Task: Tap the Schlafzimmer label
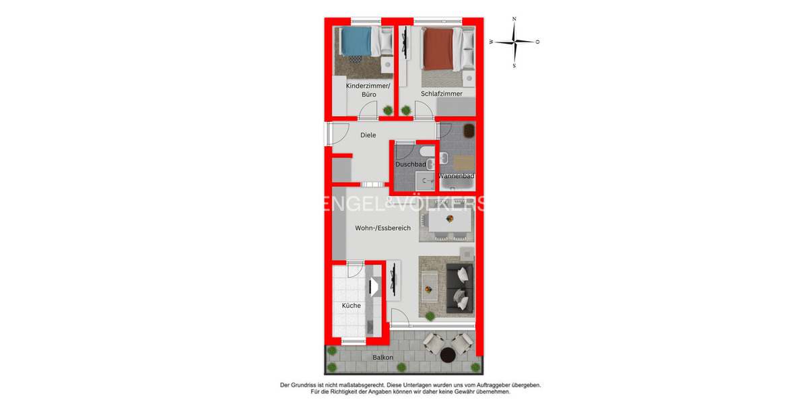click(442, 94)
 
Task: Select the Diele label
click(368, 135)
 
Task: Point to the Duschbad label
click(410, 164)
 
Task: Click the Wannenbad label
click(457, 176)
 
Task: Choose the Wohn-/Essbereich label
click(383, 228)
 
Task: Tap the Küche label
click(351, 306)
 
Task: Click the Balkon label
click(383, 358)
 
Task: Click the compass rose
click(514, 42)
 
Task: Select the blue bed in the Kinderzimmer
click(356, 42)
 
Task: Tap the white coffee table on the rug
click(429, 290)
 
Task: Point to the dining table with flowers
click(448, 220)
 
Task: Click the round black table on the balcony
click(448, 354)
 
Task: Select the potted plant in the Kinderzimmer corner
click(388, 110)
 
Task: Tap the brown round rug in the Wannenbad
click(468, 129)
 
